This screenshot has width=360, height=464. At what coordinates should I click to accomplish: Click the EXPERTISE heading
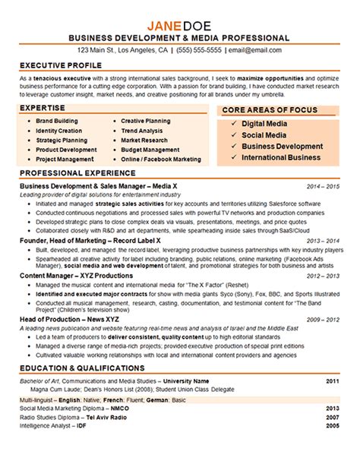44,109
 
